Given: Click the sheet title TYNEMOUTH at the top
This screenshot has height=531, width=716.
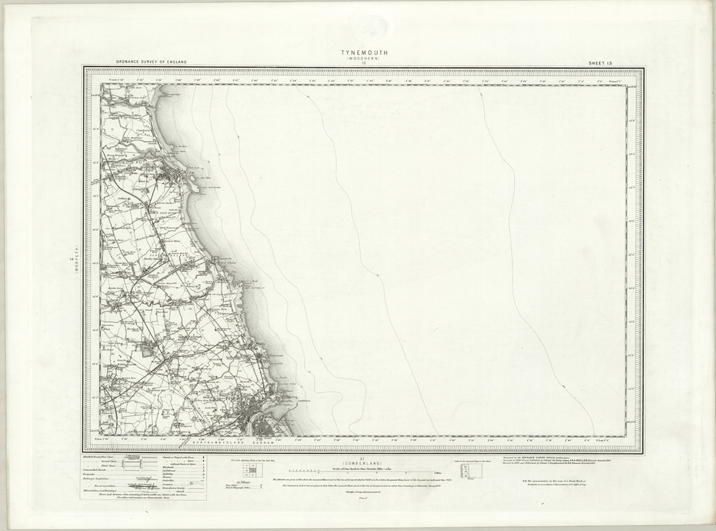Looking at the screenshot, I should pos(364,52).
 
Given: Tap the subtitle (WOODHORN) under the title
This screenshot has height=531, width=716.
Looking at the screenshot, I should pos(364,59).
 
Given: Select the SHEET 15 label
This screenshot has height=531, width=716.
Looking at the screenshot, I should pos(600,63).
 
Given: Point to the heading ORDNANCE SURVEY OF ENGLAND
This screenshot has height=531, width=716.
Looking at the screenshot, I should pos(152,62).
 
